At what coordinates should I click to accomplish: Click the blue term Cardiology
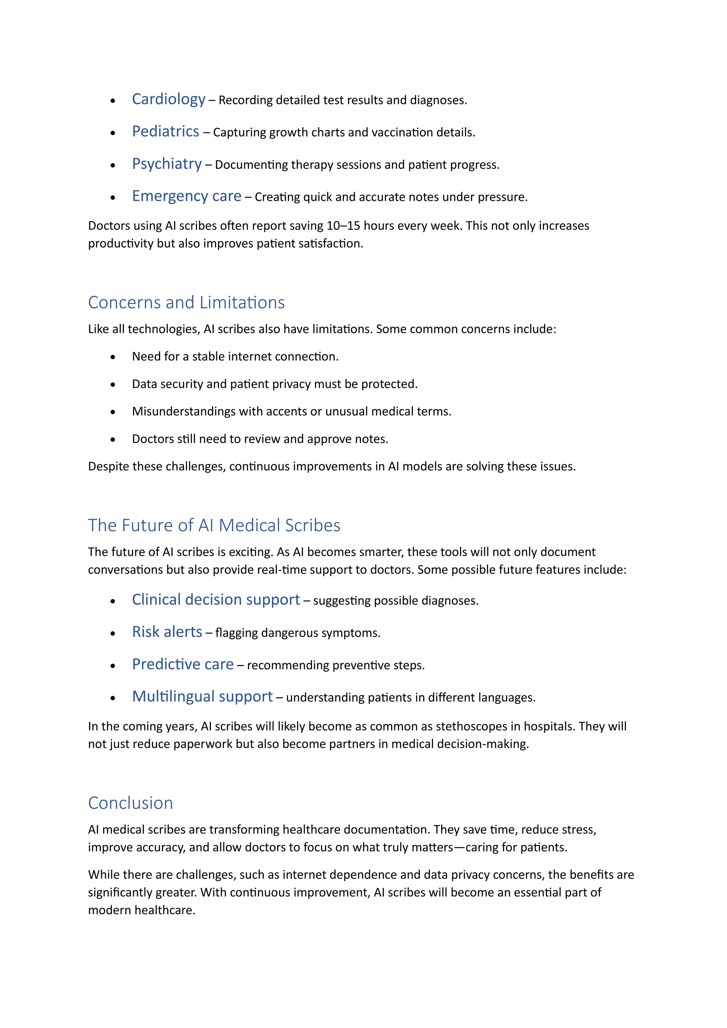point(168,99)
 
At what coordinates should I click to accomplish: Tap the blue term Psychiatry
point(166,164)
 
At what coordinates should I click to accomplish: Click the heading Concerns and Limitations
point(186,303)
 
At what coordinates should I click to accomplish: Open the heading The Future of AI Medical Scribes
point(214,525)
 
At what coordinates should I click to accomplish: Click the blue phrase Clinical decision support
point(216,600)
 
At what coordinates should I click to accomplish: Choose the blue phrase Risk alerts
point(167,632)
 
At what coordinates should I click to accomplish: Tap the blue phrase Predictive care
point(183,664)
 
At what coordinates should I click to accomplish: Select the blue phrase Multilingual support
point(202,696)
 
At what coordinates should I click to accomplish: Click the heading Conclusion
point(130,803)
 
